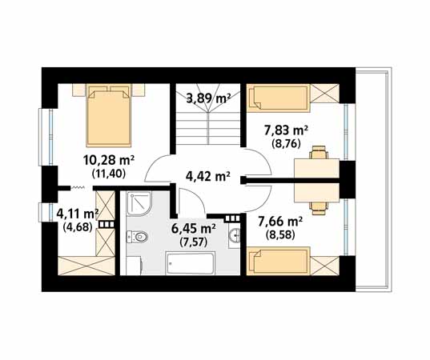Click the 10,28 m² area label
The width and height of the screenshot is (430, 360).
109,160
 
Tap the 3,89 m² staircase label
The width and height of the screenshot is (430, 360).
208,98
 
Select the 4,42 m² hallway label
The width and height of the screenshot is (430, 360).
207,176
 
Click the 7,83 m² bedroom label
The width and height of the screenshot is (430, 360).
286,130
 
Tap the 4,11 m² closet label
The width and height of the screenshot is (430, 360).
78,214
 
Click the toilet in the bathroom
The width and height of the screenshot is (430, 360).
137,237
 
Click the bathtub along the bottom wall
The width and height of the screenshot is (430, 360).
191,263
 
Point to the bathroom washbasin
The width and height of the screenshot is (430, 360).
235,235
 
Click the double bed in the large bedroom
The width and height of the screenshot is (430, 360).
108,115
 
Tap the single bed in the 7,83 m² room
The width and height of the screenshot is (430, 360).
278,98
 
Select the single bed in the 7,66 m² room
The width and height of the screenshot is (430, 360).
278,261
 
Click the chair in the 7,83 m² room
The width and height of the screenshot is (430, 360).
319,152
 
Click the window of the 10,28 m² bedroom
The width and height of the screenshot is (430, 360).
46,137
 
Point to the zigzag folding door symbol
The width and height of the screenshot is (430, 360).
78,188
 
